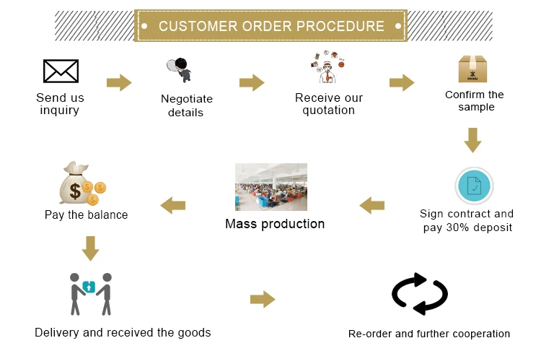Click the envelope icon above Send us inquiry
tap(61, 71)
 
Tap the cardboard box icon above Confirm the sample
tap(472, 69)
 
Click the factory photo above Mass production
tap(271, 187)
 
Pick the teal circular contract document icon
tap(474, 186)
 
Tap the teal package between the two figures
tap(89, 287)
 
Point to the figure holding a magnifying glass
tap(180, 69)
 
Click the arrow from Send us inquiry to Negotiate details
tap(119, 82)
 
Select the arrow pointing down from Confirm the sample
tap(472, 140)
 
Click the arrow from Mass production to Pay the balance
tap(173, 206)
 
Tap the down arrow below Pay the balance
tap(90, 248)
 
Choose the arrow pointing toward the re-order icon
tap(263, 299)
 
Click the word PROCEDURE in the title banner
tap(340, 26)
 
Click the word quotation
tap(328, 110)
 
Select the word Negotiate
tap(187, 99)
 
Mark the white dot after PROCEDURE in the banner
tap(398, 26)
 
